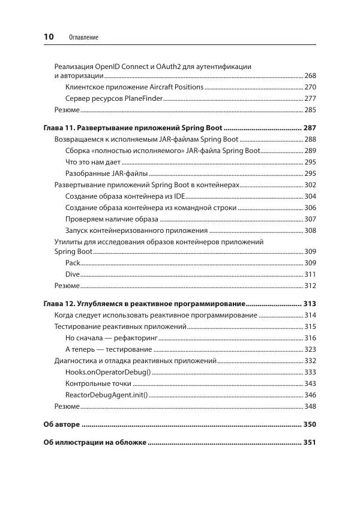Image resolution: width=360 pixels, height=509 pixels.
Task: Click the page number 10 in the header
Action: (x=49, y=37)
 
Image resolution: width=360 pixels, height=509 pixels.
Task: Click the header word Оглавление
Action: (x=83, y=38)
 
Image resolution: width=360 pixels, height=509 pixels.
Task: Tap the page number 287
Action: (x=310, y=128)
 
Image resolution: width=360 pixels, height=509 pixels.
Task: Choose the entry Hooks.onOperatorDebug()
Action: (x=104, y=372)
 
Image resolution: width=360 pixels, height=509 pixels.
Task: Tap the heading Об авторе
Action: (x=61, y=424)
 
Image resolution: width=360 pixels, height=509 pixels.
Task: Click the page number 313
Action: (x=310, y=304)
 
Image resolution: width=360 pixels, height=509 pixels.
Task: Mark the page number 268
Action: (x=310, y=76)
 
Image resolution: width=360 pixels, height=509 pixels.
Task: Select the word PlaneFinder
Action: (x=142, y=98)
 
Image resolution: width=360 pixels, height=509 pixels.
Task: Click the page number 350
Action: (x=310, y=424)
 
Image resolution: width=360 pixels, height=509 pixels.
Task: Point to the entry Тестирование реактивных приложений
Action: (x=120, y=327)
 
